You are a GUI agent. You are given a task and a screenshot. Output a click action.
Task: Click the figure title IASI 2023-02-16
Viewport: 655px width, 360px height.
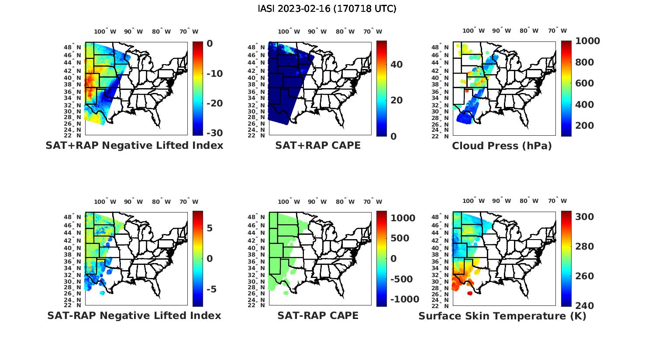pos(327,9)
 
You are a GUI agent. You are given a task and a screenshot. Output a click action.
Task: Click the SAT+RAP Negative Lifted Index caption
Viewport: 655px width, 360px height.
pos(134,146)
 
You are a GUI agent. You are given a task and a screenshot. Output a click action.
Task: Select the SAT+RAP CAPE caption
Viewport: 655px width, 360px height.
pos(318,146)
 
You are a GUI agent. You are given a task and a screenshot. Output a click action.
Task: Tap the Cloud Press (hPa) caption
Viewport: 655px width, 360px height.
pos(502,146)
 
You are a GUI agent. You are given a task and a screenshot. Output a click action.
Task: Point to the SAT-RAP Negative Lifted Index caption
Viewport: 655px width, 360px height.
pos(134,315)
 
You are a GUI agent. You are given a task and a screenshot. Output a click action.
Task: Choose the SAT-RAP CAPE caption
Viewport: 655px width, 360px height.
pos(318,315)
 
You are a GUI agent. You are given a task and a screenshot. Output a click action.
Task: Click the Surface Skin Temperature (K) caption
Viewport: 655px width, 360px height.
pos(502,316)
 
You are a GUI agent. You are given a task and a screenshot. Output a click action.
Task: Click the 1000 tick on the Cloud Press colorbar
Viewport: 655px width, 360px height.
pos(587,41)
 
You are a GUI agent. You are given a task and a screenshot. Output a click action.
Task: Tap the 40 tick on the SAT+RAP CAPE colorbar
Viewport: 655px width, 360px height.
pos(396,65)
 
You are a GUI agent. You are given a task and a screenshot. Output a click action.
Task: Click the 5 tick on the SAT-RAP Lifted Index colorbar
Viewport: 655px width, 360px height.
pos(209,228)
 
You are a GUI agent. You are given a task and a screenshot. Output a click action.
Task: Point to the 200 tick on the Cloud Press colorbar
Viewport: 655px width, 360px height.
pos(585,126)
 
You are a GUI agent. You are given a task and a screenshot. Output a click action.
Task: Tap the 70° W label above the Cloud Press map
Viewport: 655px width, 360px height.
pos(557,31)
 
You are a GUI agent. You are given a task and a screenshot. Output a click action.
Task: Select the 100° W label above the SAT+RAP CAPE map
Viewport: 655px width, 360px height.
pos(289,31)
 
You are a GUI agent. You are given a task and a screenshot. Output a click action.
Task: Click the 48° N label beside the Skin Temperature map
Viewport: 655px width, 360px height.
pos(440,217)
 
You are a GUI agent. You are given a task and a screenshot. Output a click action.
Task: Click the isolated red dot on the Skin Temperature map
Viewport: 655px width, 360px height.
pos(470,293)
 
